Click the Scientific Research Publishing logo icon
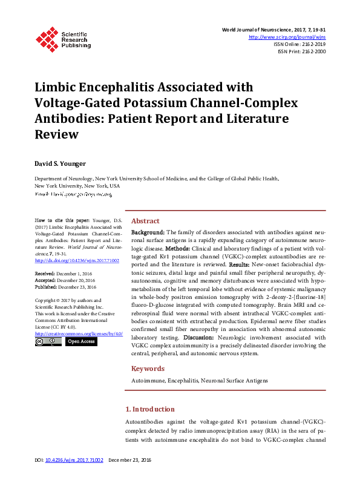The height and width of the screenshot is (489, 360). pos(45,38)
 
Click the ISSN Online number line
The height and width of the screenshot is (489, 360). pos(299,44)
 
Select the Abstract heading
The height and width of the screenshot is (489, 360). pos(145,221)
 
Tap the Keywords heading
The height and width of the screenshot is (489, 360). pos(148,369)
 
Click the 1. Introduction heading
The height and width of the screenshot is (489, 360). pos(149,409)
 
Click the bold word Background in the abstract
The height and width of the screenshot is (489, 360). pos(148,232)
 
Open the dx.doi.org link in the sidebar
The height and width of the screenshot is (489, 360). pos(68,260)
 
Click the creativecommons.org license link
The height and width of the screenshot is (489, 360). pos(79,333)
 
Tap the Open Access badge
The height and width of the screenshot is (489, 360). pos(80,342)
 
